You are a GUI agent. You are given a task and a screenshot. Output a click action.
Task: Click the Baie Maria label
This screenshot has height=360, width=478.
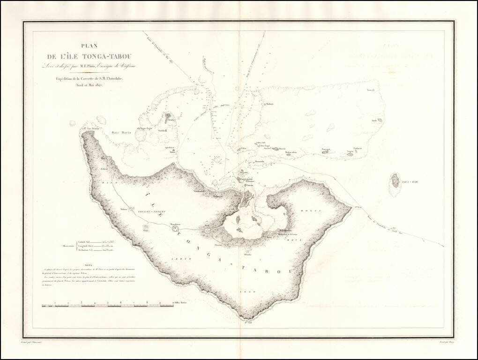120,133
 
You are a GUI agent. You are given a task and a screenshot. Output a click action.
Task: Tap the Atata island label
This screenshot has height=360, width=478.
172,120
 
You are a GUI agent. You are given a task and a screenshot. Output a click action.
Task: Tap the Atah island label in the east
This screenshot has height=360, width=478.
374,120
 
